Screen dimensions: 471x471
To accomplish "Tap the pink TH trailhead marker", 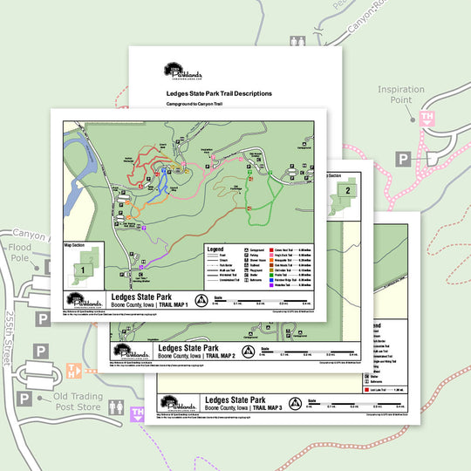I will (x=427, y=117).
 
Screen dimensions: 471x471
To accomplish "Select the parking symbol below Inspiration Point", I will (x=404, y=158).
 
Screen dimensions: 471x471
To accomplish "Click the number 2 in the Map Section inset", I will (x=347, y=189).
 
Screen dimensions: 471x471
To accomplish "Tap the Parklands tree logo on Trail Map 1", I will (x=83, y=300).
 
